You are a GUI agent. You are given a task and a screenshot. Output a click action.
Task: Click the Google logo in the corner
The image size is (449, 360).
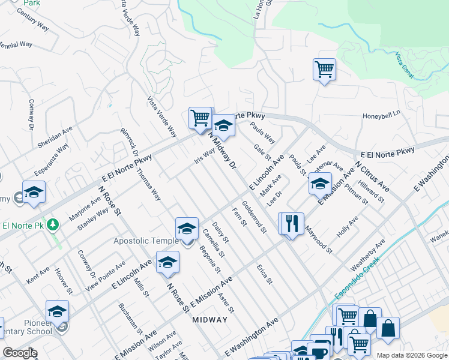(x=20, y=353)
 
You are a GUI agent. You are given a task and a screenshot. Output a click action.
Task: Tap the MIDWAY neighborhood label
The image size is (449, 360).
(x=210, y=320)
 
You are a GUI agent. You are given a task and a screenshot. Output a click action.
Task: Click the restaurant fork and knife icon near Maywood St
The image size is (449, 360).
(x=293, y=224)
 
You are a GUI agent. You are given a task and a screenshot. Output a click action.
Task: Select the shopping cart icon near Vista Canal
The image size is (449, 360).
(x=324, y=69)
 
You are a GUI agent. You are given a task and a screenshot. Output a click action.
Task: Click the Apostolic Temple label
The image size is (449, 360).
(x=146, y=241)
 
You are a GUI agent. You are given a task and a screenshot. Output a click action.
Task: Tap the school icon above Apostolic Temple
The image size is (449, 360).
(x=187, y=229)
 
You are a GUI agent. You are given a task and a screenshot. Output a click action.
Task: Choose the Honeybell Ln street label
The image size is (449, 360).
(x=381, y=116)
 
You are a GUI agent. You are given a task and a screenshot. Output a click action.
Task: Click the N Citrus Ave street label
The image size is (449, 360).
(x=372, y=176)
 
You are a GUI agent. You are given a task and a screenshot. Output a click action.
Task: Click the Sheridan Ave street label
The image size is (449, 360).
(x=55, y=137)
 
